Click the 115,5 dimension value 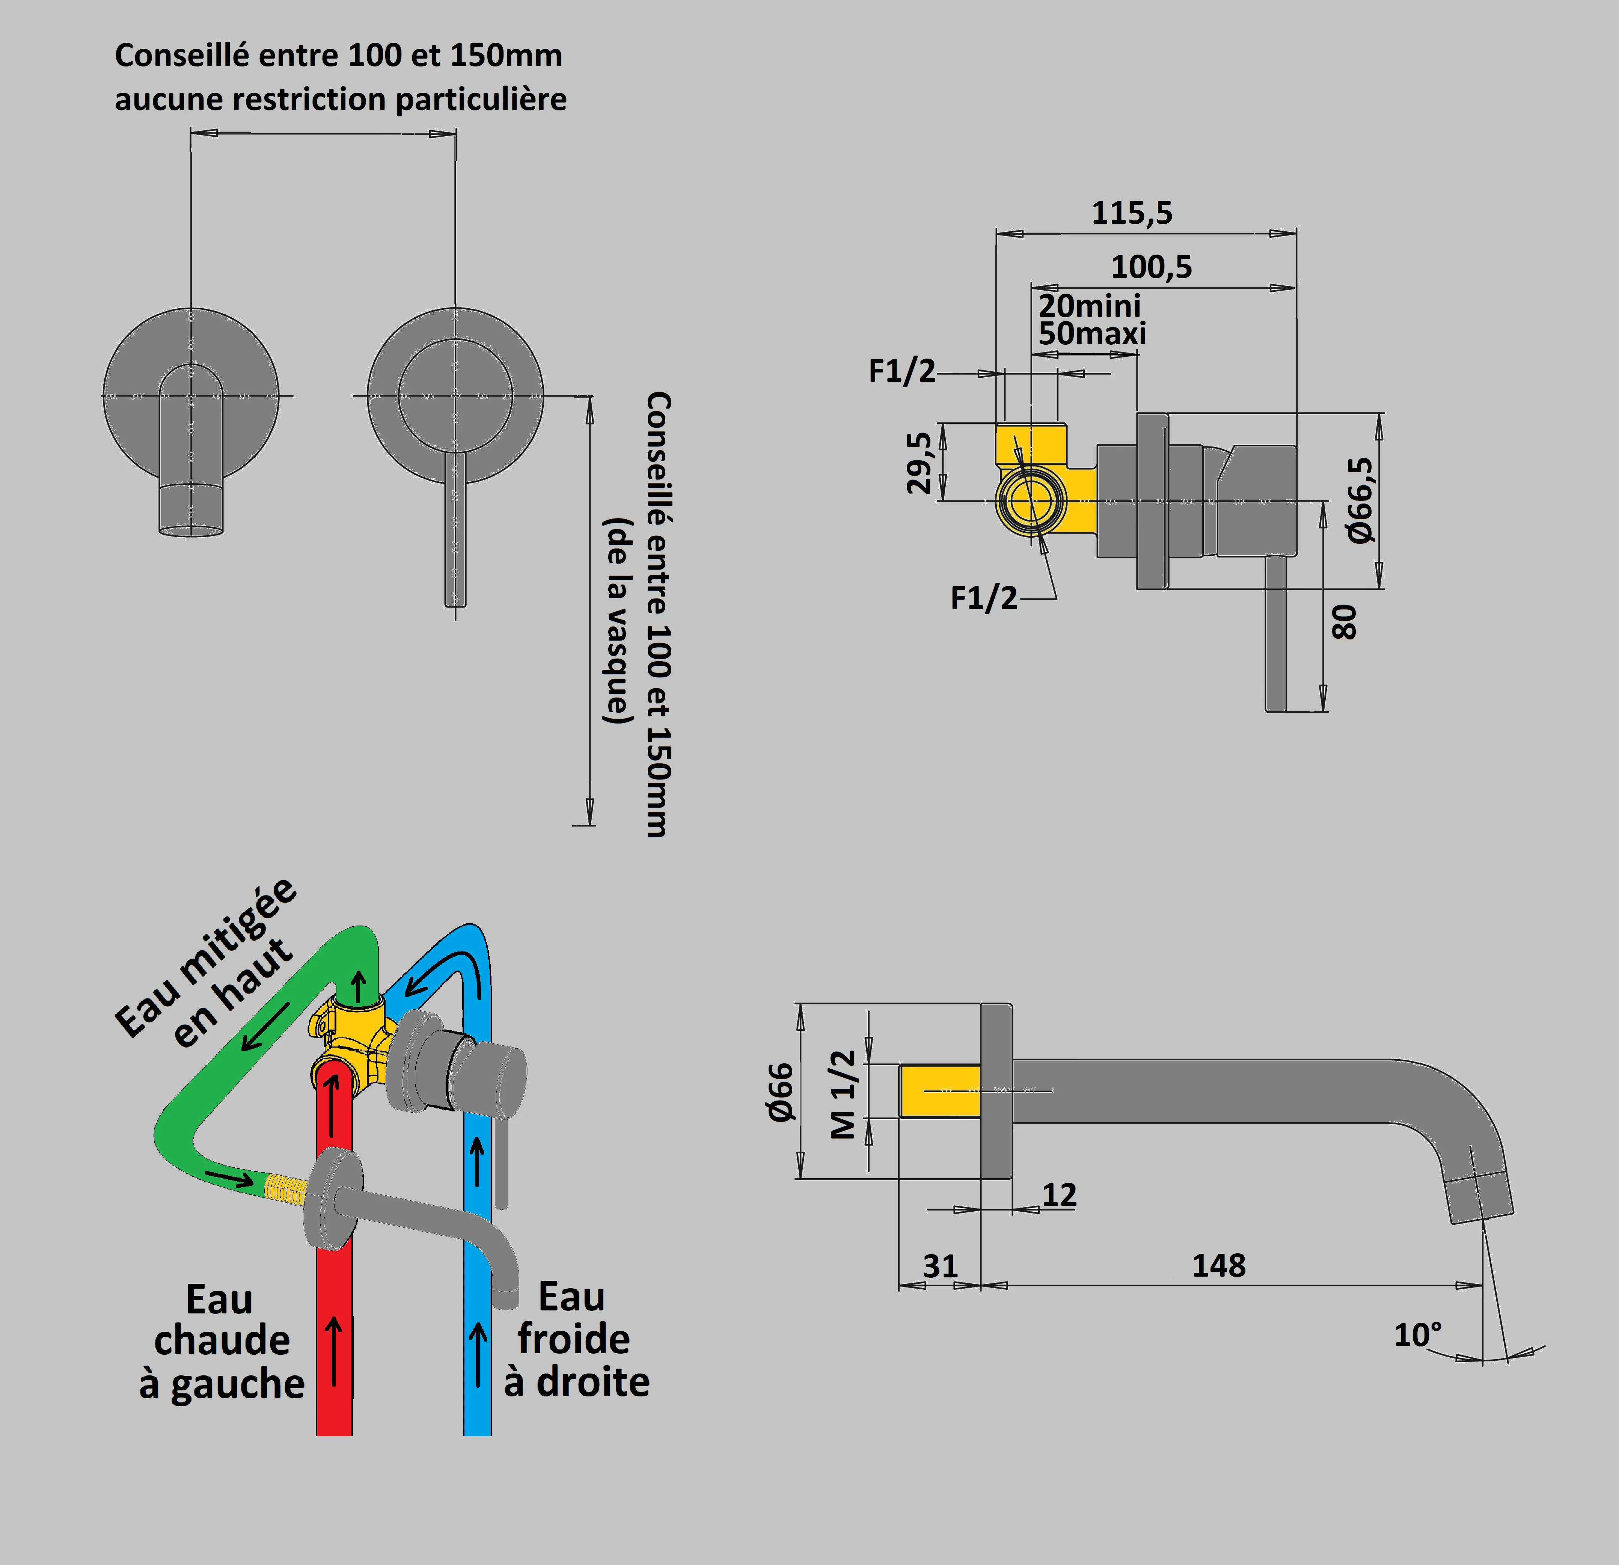tap(1132, 213)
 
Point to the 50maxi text tap(1092, 334)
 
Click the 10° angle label tap(1417, 1334)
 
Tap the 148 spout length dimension tap(1218, 1265)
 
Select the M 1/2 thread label tap(843, 1094)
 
